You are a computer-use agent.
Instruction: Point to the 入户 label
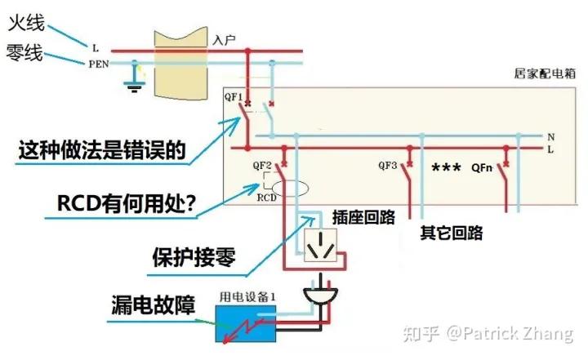click(x=224, y=38)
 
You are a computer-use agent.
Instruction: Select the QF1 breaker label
click(x=234, y=98)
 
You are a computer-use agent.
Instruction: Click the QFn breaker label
click(x=483, y=169)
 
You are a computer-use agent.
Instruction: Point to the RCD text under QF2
click(x=266, y=198)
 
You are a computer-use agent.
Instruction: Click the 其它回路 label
click(x=450, y=233)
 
